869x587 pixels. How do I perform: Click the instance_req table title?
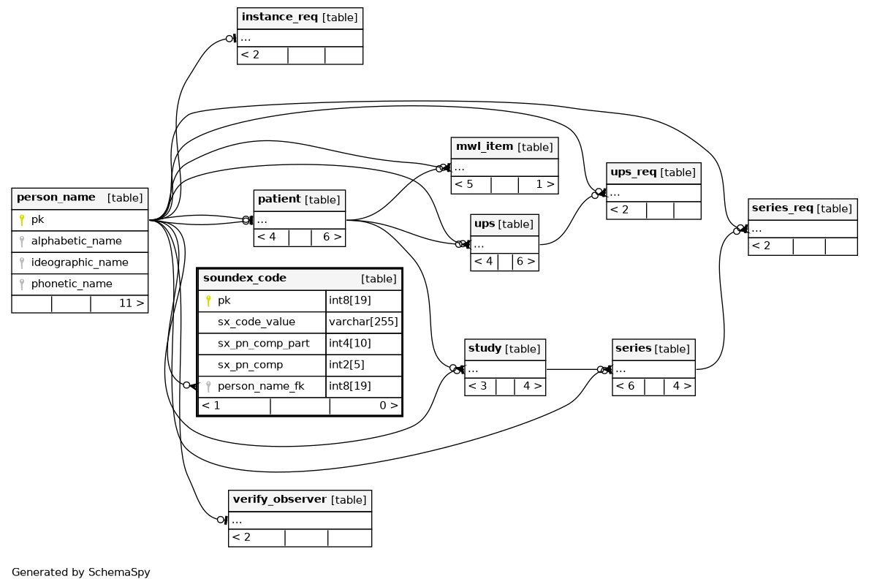[300, 18]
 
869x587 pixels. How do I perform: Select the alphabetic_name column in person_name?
[77, 241]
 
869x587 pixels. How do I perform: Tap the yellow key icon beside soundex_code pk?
[208, 301]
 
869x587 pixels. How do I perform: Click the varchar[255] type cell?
[363, 322]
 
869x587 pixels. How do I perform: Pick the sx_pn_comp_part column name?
[263, 343]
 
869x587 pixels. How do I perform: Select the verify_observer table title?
[300, 500]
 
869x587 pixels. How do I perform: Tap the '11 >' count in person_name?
[132, 304]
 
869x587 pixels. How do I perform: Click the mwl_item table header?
[504, 148]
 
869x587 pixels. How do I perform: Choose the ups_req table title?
[653, 173]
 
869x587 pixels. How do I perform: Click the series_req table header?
[802, 209]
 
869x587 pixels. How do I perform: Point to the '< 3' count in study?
[478, 386]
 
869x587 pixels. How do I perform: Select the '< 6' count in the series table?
[625, 386]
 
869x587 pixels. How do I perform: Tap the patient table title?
[299, 200]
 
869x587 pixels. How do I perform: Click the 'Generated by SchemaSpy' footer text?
[81, 572]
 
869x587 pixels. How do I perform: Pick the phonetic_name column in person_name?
[72, 284]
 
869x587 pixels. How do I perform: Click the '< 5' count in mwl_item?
[464, 184]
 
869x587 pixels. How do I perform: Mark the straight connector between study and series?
[574, 370]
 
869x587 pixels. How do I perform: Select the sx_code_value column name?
[256, 322]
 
